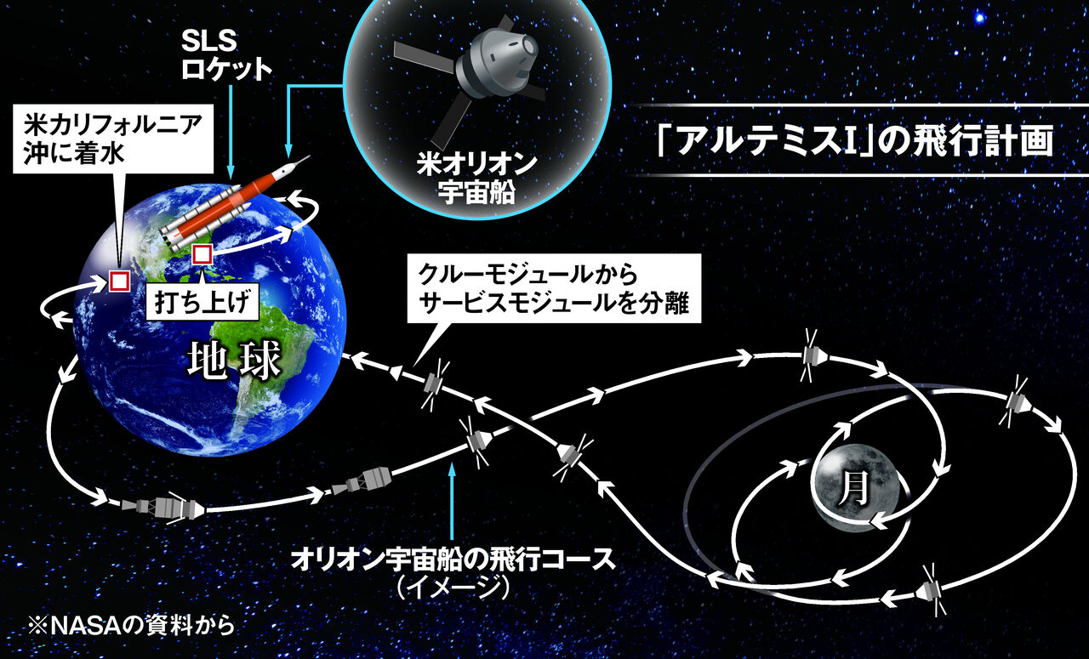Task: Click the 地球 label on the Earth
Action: coord(234,361)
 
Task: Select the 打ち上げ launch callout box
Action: coord(202,301)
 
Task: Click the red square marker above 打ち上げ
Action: coord(202,254)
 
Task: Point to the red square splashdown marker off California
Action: coord(119,281)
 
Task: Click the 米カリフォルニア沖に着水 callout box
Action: coord(113,139)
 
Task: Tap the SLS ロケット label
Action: coord(225,55)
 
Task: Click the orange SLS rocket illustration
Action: coord(235,203)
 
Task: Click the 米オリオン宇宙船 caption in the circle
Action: coord(476,179)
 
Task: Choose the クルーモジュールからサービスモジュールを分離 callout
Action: coord(554,288)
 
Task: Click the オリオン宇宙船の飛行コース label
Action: coord(453,560)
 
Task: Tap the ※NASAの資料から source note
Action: coord(131,626)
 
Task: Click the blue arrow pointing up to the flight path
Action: coord(453,501)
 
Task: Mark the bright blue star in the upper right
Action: coord(979,19)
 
